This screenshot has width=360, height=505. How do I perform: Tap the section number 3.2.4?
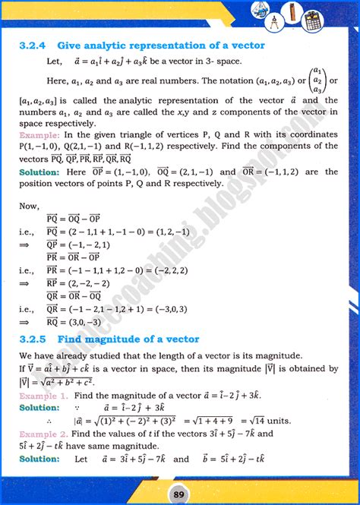(x=33, y=46)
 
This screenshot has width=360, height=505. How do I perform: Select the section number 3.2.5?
(x=33, y=339)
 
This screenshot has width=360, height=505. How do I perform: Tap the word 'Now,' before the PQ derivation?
(x=30, y=205)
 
